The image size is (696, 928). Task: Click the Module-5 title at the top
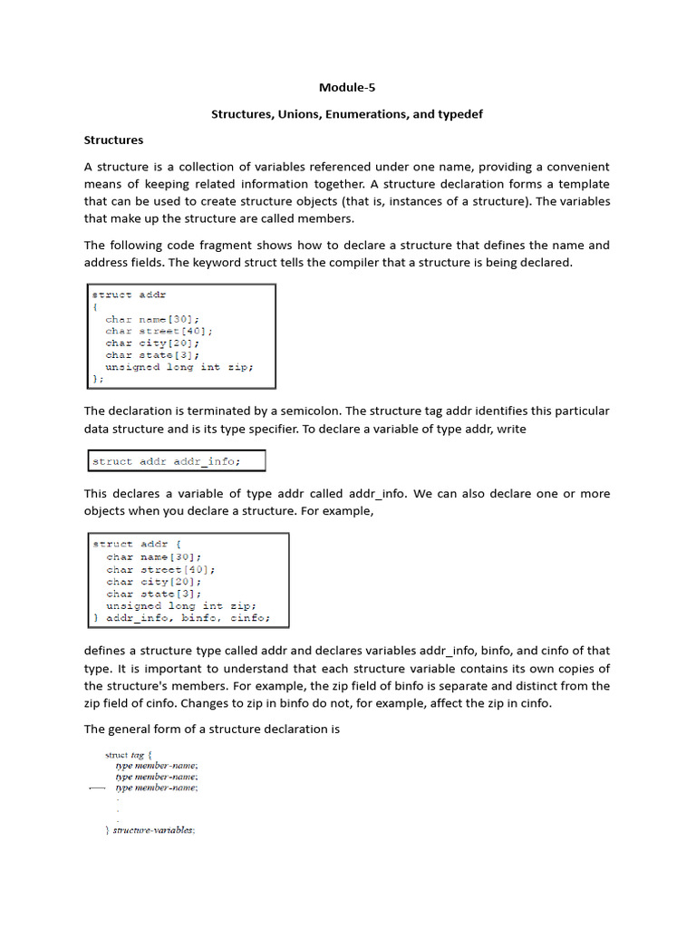coord(346,88)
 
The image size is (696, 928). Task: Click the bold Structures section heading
coord(113,140)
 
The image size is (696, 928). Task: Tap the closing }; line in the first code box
coord(98,379)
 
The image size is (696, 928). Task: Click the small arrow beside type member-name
coord(97,788)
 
